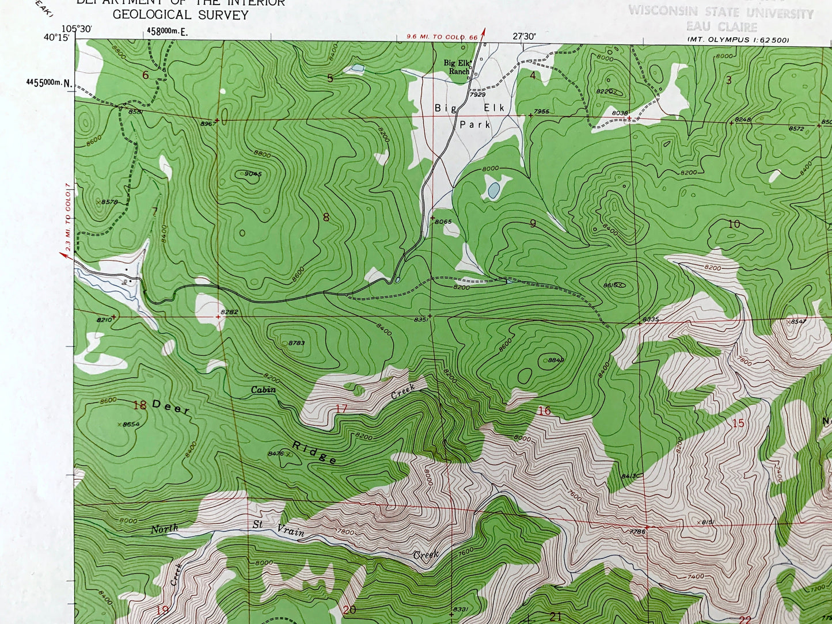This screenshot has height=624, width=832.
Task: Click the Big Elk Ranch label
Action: coord(458,67)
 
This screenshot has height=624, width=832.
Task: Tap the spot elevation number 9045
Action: coord(253,174)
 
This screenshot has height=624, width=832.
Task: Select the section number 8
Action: coord(326,218)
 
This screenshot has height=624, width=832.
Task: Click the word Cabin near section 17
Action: coord(263,390)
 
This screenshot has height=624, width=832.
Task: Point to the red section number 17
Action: coord(341,409)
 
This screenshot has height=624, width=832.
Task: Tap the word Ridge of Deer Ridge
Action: coord(314,452)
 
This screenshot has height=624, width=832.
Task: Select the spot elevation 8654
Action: coord(131,424)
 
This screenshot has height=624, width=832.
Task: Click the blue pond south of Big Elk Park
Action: coord(493,191)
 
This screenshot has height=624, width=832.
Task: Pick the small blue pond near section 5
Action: coord(358,69)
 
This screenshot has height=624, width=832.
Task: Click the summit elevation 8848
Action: coord(556,360)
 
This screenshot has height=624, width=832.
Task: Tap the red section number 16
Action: coord(544,410)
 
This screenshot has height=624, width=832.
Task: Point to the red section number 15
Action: coord(738,424)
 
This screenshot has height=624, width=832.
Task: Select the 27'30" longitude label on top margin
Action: coord(524,36)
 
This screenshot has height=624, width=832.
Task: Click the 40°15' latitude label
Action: coord(56,37)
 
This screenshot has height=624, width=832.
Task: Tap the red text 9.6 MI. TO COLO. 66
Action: coord(442,37)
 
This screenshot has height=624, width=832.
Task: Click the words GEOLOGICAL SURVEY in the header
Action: coord(180,15)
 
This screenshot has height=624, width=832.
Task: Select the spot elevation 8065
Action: coord(443,222)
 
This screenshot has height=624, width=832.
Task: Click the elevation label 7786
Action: coord(637,532)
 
